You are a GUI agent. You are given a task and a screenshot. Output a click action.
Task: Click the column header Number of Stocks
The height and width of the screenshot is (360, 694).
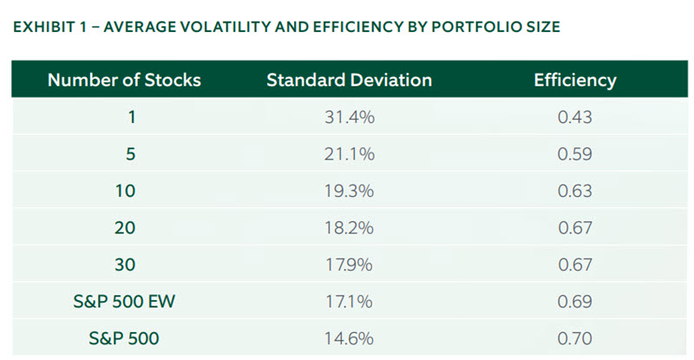point(124,81)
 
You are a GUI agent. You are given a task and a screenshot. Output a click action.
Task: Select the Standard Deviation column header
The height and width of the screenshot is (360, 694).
point(349,81)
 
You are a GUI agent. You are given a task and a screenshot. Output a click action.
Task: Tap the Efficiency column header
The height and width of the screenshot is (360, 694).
point(575,81)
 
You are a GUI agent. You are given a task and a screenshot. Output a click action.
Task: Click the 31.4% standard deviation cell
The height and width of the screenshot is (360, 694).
point(349,118)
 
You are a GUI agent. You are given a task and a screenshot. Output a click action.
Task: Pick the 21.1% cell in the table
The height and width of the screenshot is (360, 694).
point(349,154)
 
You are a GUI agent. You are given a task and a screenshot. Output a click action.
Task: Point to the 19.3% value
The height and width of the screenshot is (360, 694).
point(349,191)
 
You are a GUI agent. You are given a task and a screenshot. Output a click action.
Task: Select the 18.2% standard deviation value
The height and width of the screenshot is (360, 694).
point(349,228)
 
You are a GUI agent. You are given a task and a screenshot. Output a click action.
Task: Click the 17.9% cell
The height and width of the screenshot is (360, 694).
point(349,265)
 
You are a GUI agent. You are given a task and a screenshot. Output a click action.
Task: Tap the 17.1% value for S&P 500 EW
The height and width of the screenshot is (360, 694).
point(349,301)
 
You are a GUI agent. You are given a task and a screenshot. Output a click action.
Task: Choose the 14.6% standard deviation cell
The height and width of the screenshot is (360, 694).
point(349,337)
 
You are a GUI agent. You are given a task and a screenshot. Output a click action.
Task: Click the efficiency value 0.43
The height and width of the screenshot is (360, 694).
point(575,118)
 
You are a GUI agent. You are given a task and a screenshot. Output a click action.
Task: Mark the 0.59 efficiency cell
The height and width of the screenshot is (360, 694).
point(575,154)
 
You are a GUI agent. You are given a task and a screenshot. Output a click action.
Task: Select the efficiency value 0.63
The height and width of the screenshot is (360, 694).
point(575,191)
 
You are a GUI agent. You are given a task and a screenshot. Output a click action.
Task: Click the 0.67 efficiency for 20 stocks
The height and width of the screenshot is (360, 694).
point(575,228)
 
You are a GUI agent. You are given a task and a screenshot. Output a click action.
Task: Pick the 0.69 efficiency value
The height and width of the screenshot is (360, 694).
point(575,301)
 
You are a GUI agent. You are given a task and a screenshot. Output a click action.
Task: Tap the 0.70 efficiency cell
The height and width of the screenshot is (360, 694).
point(575,337)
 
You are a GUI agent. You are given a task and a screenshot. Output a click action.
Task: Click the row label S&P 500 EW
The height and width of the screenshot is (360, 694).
point(124,301)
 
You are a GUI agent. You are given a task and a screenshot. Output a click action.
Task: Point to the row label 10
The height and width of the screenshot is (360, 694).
point(124,191)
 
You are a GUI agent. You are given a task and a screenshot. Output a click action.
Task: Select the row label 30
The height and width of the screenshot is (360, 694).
point(124,265)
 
